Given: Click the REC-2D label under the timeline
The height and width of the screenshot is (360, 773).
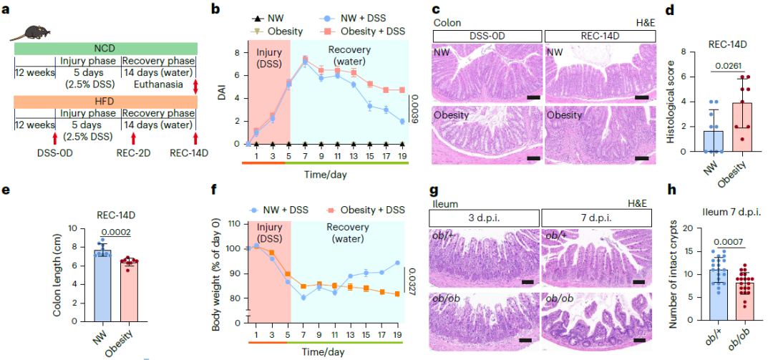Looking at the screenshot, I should coord(134,152).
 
